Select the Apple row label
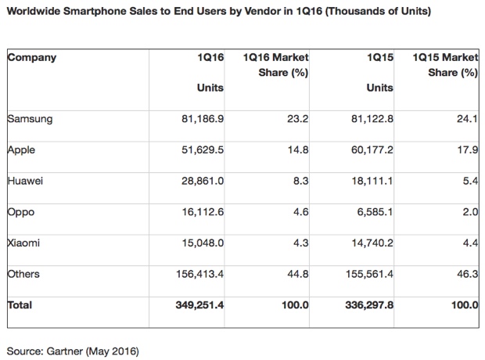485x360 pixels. (23, 149)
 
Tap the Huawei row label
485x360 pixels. (27, 181)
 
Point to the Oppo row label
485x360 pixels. (21, 212)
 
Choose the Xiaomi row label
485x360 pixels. (25, 243)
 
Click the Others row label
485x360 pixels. (23, 274)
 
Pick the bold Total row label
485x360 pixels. (20, 305)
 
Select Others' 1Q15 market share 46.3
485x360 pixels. (467, 274)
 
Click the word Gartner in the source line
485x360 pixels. (69, 346)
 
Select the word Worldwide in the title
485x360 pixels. (36, 12)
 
